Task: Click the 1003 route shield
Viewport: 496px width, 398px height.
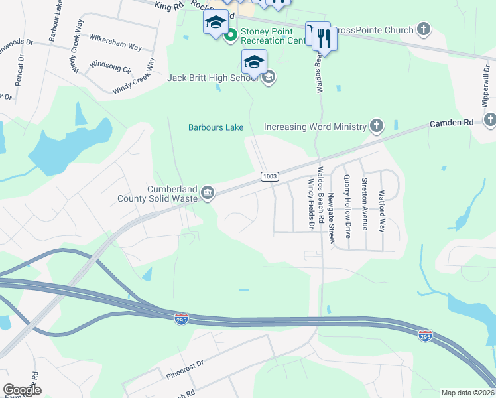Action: (269, 176)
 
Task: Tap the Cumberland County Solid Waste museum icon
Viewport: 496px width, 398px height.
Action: (208, 193)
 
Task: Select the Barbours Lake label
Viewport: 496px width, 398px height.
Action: (216, 127)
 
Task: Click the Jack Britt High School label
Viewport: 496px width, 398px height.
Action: (213, 78)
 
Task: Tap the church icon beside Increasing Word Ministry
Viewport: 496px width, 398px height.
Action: (377, 126)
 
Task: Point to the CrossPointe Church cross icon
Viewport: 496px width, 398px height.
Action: (424, 30)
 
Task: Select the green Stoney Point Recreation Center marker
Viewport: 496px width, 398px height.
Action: (231, 35)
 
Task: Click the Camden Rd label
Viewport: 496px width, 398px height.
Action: (452, 123)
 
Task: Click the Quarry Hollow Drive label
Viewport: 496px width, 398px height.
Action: (347, 206)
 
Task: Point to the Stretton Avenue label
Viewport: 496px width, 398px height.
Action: (364, 204)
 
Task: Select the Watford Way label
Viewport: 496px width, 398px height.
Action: (381, 210)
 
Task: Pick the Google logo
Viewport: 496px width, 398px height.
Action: (22, 389)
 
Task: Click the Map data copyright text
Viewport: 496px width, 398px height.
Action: (467, 393)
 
